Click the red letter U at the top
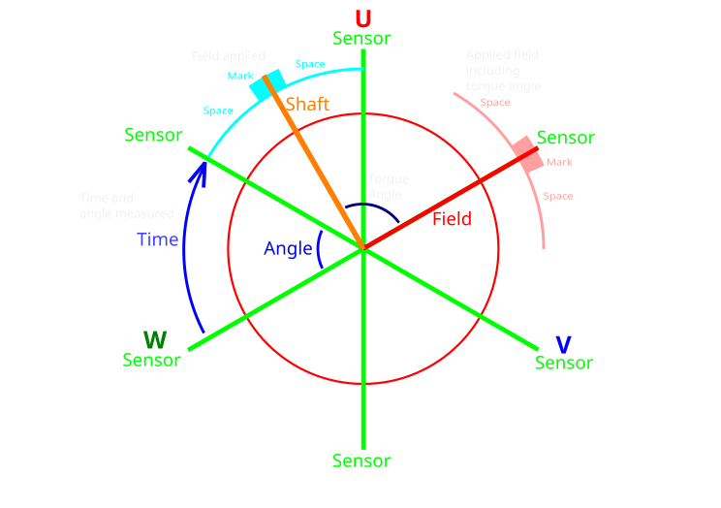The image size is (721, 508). [x=362, y=19]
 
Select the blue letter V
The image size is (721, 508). [x=563, y=344]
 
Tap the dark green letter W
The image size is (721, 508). [x=155, y=340]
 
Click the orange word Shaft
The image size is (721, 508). [x=307, y=104]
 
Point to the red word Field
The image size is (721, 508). [x=452, y=219]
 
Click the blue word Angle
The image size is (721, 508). [x=288, y=249]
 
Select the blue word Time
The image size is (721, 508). [x=157, y=239]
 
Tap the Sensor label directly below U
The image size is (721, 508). [x=361, y=39]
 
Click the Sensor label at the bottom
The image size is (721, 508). [x=361, y=461]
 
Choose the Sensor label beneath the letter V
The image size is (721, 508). [x=564, y=364]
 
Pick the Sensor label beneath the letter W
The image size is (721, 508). [x=151, y=361]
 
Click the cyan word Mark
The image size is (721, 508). [x=240, y=76]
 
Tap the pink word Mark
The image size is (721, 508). [x=559, y=162]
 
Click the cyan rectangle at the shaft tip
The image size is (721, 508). [x=266, y=84]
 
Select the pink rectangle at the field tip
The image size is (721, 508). [x=527, y=155]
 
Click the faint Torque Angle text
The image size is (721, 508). [x=388, y=186]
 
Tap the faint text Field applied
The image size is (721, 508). [x=229, y=57]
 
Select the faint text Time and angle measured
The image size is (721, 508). [x=126, y=206]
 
